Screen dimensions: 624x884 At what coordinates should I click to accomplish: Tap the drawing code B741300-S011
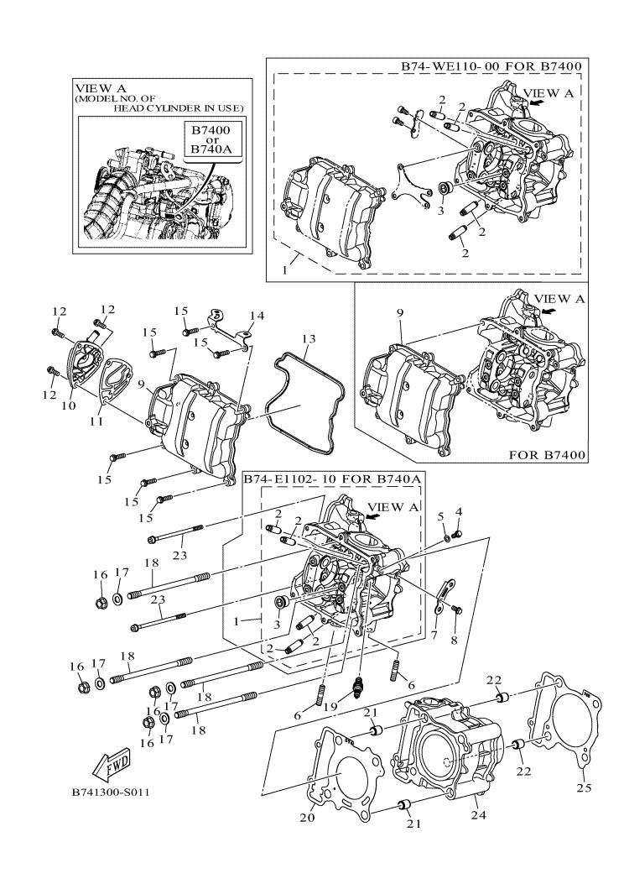(111, 792)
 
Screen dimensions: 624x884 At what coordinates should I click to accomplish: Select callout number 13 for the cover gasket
(308, 339)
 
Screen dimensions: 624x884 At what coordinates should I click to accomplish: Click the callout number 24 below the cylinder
(478, 814)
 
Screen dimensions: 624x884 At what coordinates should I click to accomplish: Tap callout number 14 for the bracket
(257, 316)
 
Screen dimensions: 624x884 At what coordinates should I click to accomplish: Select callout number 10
(70, 405)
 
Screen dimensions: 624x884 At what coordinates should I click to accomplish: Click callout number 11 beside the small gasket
(96, 421)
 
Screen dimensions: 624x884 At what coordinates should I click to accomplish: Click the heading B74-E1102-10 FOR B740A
(332, 479)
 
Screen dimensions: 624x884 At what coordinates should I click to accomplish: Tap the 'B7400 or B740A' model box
(211, 139)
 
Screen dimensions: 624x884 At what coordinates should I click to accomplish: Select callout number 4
(459, 511)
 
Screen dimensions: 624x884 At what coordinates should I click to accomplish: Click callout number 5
(441, 515)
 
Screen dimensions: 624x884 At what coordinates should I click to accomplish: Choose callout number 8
(454, 641)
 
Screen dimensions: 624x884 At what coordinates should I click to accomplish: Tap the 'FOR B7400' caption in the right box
(547, 454)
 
